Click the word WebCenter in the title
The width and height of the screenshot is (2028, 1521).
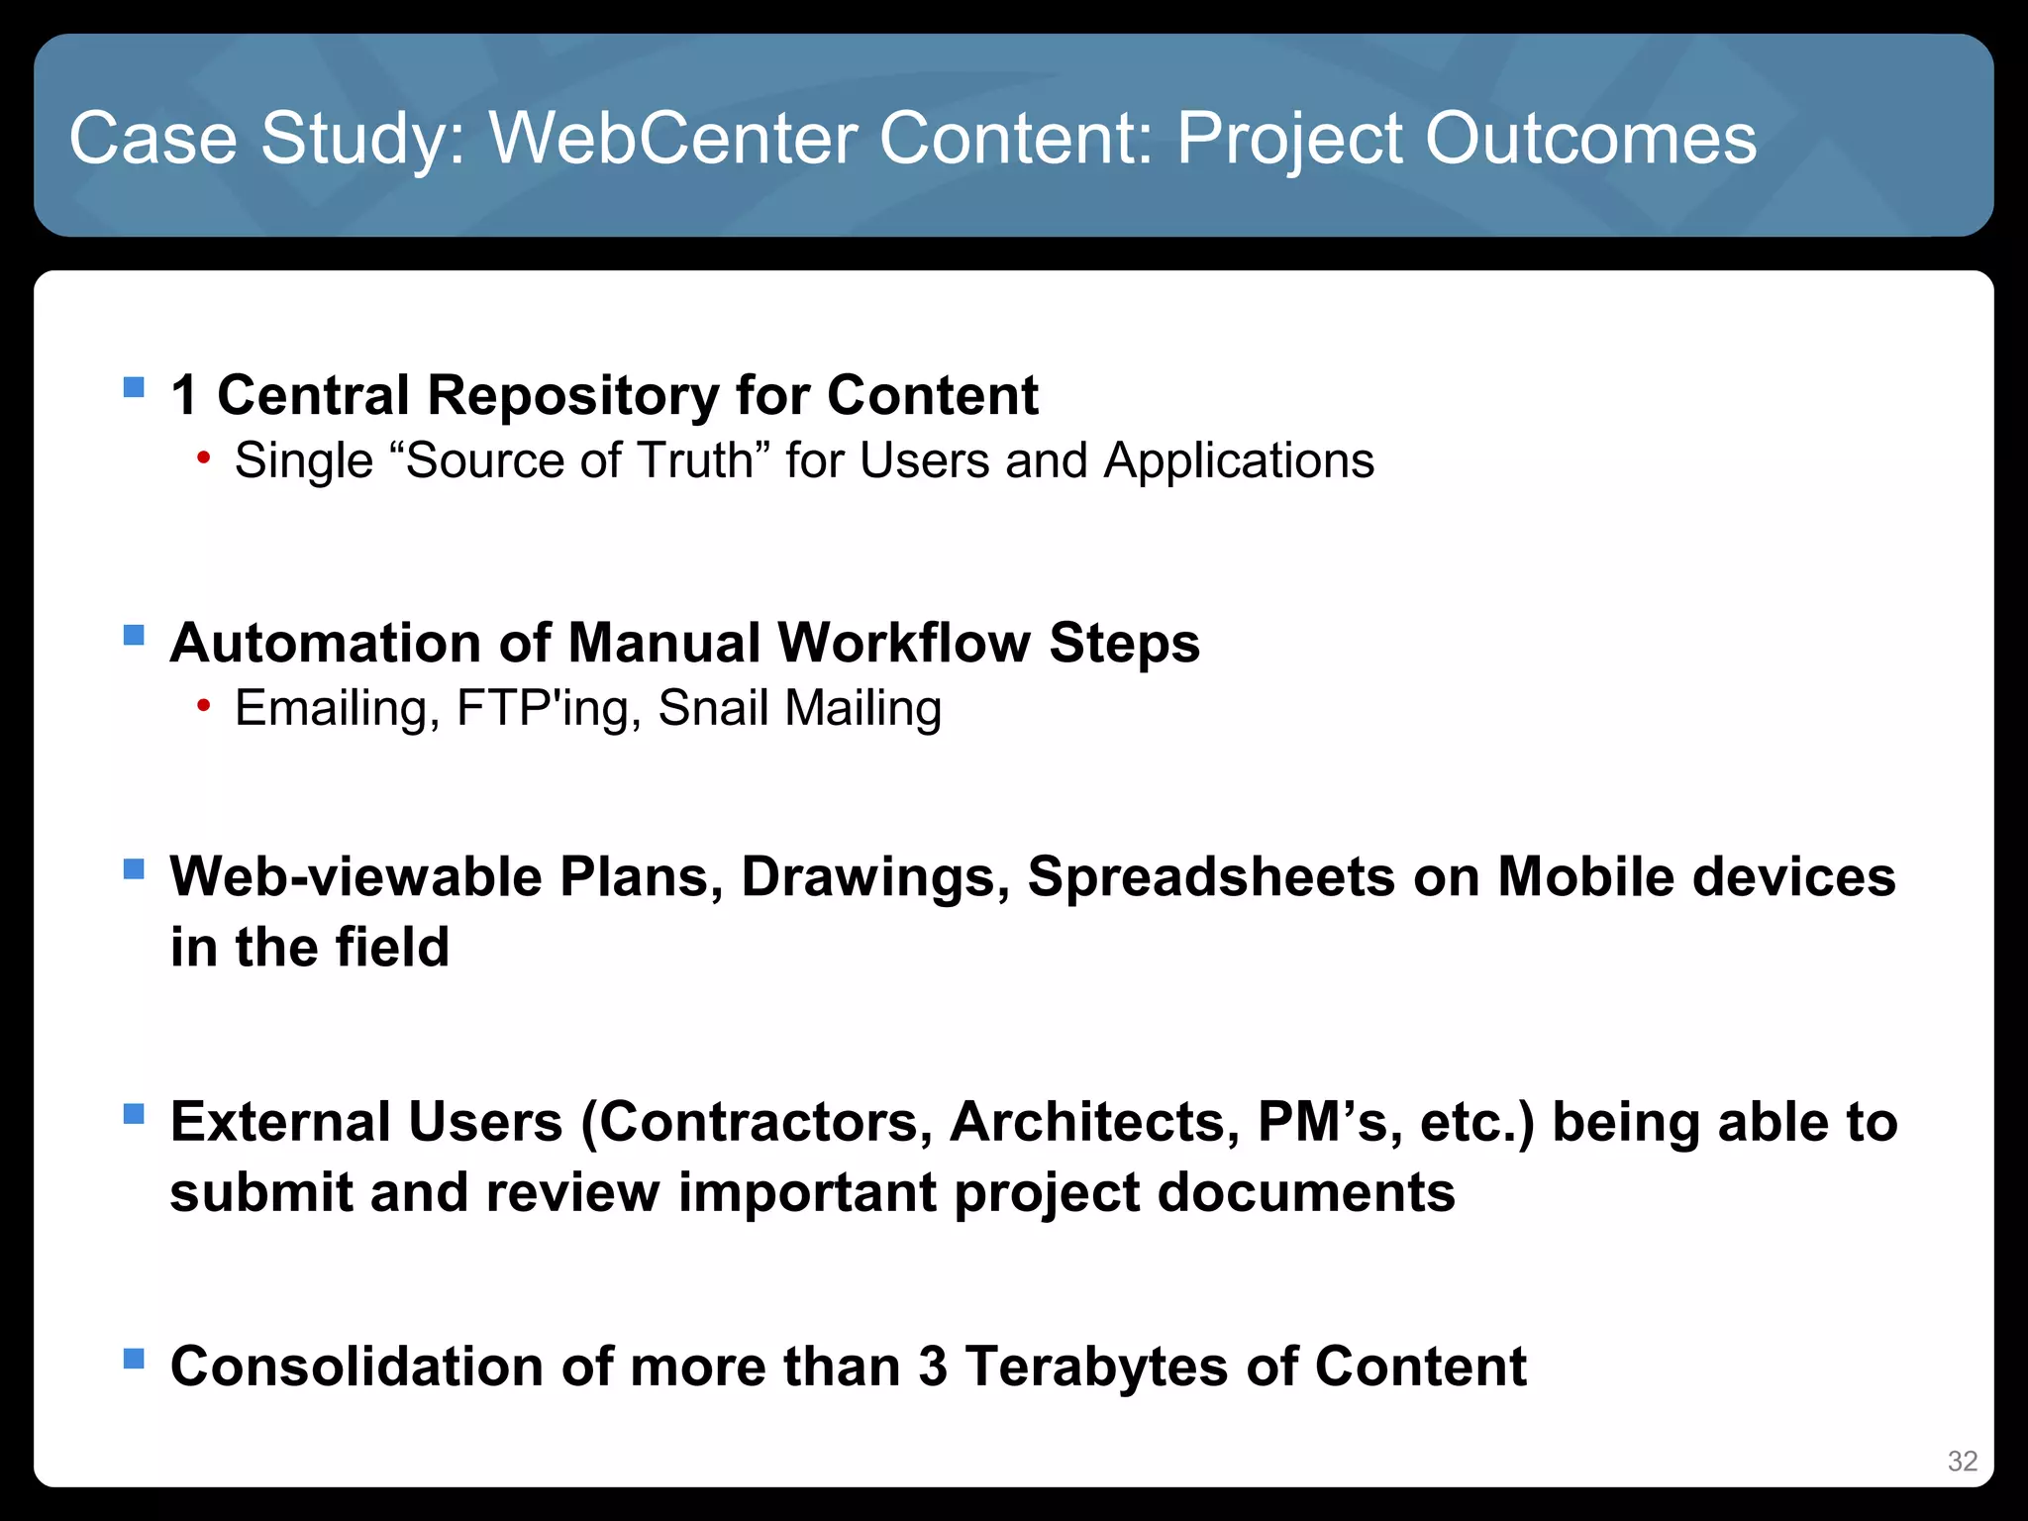click(x=674, y=138)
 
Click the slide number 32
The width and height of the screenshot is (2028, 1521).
click(x=1962, y=1461)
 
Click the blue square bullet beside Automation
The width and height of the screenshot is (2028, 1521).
click(x=134, y=634)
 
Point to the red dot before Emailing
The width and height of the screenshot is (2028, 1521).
click(x=204, y=705)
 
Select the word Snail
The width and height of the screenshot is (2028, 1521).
click(x=713, y=708)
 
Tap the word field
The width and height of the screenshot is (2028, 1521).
click(x=392, y=947)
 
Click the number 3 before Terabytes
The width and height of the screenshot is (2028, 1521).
click(x=932, y=1368)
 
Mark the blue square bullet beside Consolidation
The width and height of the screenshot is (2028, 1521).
click(x=134, y=1358)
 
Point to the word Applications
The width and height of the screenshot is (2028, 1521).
click(x=1239, y=460)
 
